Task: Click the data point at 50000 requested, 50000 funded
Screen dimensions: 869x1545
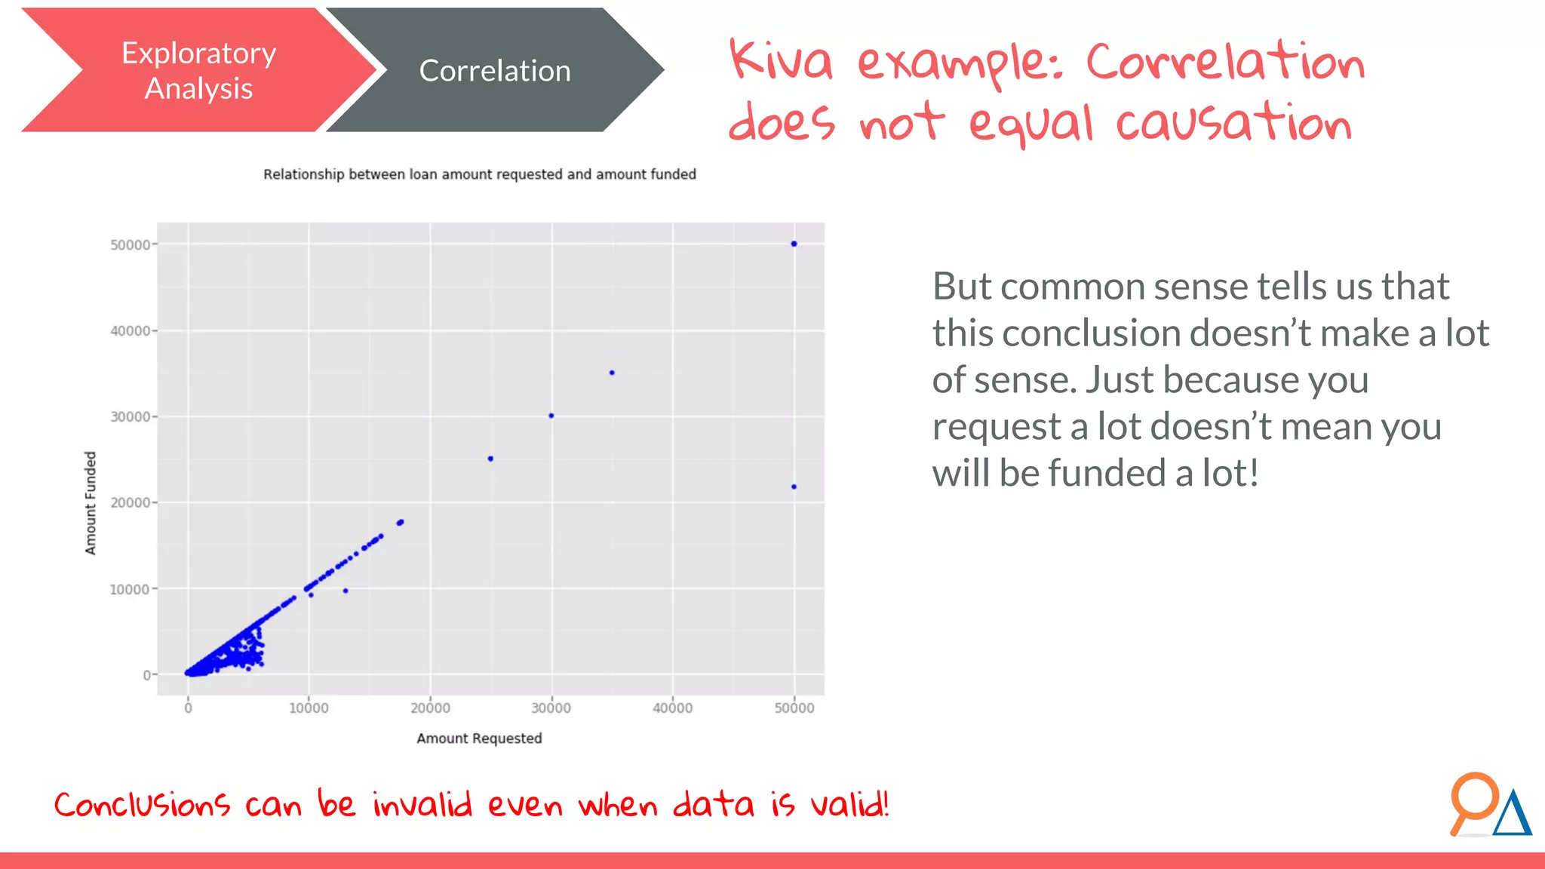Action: tap(794, 244)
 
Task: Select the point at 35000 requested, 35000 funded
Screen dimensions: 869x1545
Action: tap(612, 373)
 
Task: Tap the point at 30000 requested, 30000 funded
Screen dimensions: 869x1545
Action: tap(551, 416)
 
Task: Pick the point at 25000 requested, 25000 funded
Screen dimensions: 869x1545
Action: tap(490, 459)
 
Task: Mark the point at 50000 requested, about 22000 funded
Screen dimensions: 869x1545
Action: tap(794, 487)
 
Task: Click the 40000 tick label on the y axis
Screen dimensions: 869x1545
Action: tap(130, 331)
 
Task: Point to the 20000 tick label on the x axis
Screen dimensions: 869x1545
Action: tap(430, 708)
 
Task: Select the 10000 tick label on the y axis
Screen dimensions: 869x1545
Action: tap(130, 589)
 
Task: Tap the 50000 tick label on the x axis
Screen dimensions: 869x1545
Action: tap(794, 708)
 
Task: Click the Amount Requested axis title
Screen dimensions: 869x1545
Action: tap(479, 738)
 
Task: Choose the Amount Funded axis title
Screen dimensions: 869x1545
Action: tap(91, 503)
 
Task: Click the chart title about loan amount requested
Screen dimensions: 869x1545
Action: tap(479, 174)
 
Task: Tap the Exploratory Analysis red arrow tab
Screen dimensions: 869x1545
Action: tap(198, 71)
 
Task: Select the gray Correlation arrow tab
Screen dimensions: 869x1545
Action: tap(494, 71)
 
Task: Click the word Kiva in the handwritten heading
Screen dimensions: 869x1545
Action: tap(781, 60)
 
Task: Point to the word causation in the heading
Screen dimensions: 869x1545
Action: tap(1233, 123)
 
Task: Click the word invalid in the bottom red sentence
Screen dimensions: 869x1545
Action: tap(422, 805)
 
